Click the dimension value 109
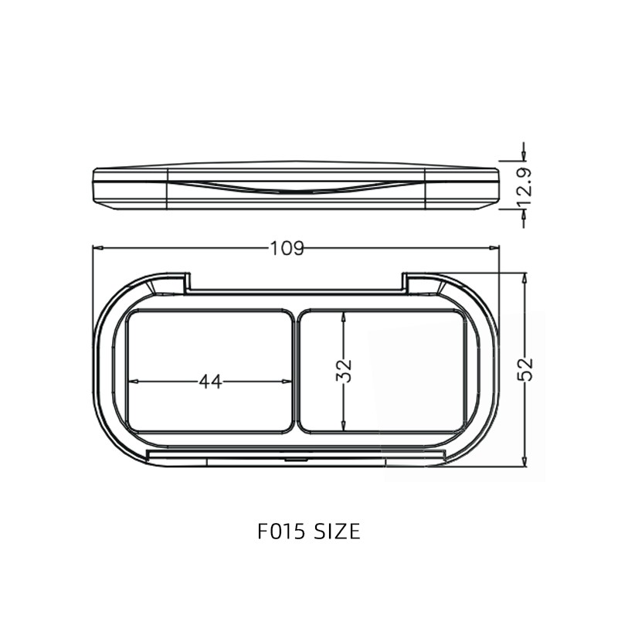point(287,248)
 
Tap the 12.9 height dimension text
point(525,185)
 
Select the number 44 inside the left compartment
point(210,381)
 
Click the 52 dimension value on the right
point(525,369)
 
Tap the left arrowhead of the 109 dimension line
point(97,248)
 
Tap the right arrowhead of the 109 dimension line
point(495,248)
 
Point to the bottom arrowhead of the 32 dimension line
point(344,428)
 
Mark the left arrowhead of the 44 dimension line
point(132,381)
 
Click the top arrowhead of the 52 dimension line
point(525,277)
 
